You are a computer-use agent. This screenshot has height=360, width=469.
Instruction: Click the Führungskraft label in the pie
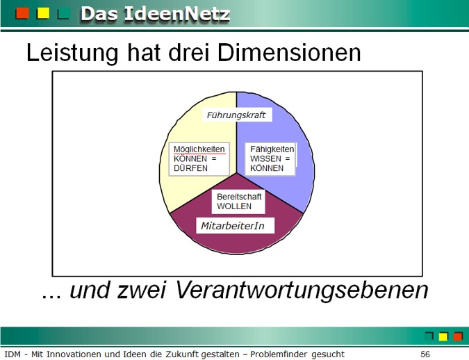click(236, 115)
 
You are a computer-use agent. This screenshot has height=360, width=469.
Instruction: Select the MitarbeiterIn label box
click(235, 226)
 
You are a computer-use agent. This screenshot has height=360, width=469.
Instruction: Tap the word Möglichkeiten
click(199, 149)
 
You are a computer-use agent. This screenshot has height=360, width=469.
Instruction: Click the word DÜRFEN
click(190, 168)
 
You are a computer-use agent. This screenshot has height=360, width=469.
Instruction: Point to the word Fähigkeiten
click(272, 149)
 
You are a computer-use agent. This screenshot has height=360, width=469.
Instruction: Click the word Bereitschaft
click(239, 197)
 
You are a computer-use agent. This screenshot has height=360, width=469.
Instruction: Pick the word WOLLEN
click(234, 206)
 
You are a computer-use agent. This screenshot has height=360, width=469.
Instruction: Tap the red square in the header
click(22, 13)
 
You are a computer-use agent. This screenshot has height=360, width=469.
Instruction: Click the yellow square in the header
click(43, 13)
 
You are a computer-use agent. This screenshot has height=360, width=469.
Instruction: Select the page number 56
click(425, 354)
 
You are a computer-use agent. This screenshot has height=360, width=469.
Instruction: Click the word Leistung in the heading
click(72, 53)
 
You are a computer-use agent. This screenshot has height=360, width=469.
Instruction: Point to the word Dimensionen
click(289, 53)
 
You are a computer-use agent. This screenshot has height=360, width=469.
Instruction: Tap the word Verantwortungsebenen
click(302, 290)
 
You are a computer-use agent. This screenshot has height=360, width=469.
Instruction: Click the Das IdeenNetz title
click(155, 14)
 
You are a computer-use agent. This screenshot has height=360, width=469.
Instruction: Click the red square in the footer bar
click(458, 336)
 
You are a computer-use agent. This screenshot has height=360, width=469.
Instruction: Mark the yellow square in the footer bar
click(443, 336)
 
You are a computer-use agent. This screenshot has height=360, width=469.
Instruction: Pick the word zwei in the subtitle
click(141, 290)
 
